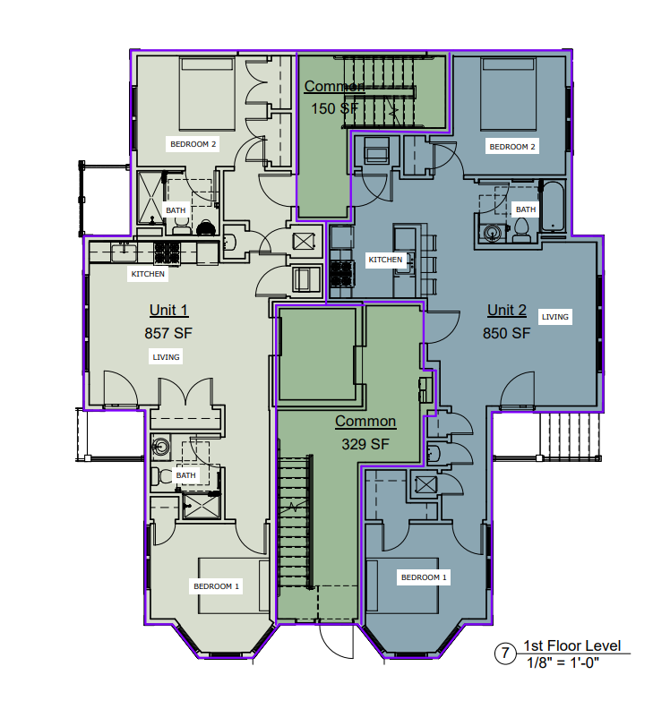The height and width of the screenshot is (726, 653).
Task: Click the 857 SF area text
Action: (x=168, y=333)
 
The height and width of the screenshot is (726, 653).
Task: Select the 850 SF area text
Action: (x=507, y=333)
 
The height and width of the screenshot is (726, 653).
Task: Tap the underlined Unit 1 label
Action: (x=168, y=311)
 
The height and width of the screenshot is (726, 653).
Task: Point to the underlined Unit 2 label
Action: (x=507, y=311)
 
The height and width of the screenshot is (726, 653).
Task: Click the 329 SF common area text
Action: (x=365, y=443)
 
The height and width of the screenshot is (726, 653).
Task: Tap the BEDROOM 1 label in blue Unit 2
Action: (x=424, y=577)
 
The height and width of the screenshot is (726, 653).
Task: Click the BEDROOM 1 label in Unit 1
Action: (x=217, y=586)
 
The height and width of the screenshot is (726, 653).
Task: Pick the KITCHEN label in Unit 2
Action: (x=385, y=260)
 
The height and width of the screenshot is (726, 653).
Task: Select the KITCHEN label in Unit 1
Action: (x=149, y=274)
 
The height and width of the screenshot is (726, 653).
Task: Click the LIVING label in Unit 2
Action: (x=555, y=317)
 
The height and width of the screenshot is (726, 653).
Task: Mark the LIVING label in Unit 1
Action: (x=167, y=357)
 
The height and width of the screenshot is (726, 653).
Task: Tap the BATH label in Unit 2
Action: (x=525, y=209)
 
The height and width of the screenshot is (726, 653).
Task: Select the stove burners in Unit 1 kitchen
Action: (x=167, y=252)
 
